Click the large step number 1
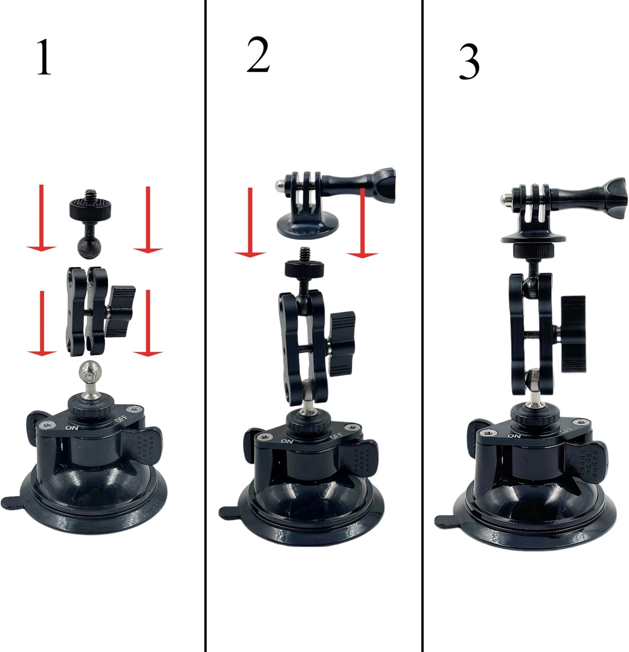[x=44, y=57]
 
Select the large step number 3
[x=469, y=63]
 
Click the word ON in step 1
[x=71, y=427]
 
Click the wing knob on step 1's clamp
[x=121, y=311]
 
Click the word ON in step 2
[x=287, y=441]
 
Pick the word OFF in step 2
[x=336, y=434]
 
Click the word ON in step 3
[x=514, y=436]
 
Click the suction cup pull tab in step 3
[x=445, y=520]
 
